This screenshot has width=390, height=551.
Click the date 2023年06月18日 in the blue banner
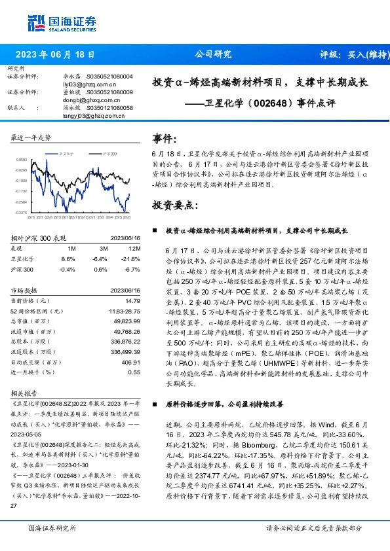click(54, 54)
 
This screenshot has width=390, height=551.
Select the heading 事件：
click(165, 139)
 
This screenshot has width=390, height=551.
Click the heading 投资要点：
click(174, 205)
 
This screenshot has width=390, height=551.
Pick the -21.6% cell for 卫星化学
click(132, 259)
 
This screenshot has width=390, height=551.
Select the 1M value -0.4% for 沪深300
click(68, 269)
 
